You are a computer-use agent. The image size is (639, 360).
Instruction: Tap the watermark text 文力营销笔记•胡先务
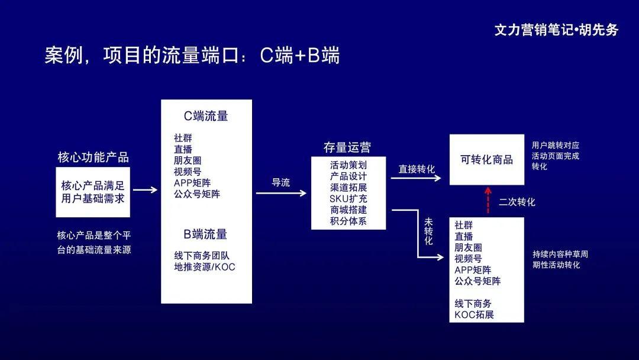pyautogui.click(x=556, y=30)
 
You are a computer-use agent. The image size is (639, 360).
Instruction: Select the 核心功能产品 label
pyautogui.click(x=93, y=157)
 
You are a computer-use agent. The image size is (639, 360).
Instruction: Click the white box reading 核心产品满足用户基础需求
pyautogui.click(x=93, y=192)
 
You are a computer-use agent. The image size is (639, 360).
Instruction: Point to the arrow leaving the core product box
pyautogui.click(x=145, y=190)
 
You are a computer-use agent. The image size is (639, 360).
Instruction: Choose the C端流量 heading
pyautogui.click(x=206, y=116)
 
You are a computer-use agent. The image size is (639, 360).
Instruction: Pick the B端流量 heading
pyautogui.click(x=205, y=234)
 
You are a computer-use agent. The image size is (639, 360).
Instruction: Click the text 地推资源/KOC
pyautogui.click(x=205, y=266)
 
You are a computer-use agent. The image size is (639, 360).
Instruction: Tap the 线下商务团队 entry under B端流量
pyautogui.click(x=202, y=256)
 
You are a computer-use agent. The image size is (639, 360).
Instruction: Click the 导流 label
pyautogui.click(x=281, y=183)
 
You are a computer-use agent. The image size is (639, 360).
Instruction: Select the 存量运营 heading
pyautogui.click(x=347, y=147)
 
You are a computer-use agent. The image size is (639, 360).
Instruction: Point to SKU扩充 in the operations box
pyautogui.click(x=348, y=198)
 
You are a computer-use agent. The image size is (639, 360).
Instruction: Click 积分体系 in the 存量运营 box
pyautogui.click(x=348, y=221)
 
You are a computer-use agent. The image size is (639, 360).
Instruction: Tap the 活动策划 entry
pyautogui.click(x=348, y=165)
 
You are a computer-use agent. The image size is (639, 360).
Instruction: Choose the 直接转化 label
pyautogui.click(x=417, y=169)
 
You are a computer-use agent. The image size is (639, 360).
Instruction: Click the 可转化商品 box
pyautogui.click(x=486, y=159)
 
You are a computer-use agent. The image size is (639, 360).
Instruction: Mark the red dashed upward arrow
pyautogui.click(x=488, y=200)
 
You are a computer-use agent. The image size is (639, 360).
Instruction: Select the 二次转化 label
pyautogui.click(x=517, y=202)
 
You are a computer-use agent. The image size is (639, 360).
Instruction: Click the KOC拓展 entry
pyautogui.click(x=475, y=314)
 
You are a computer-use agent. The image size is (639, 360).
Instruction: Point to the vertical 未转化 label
pyautogui.click(x=428, y=232)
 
